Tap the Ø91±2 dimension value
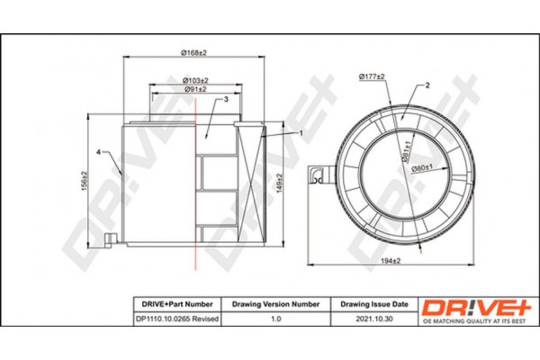[x=195, y=91]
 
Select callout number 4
[x=99, y=152]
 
